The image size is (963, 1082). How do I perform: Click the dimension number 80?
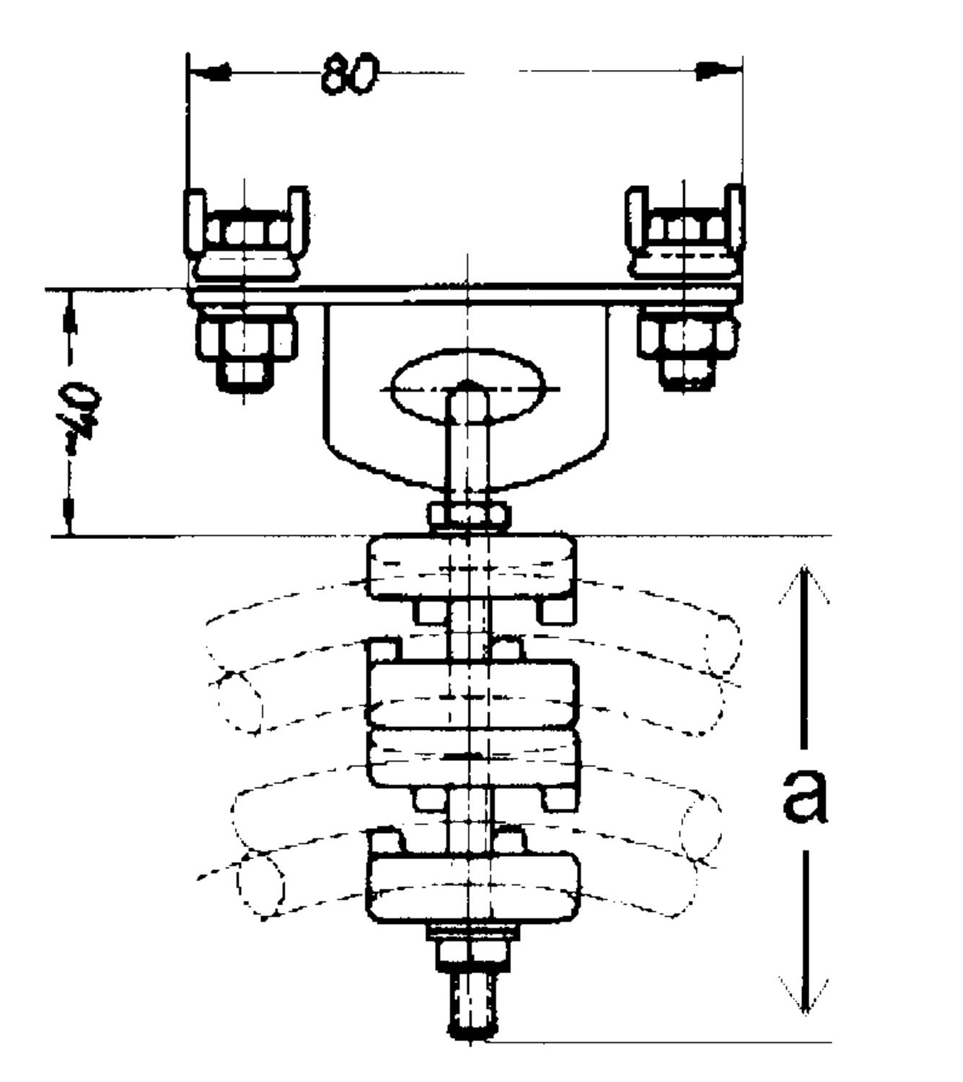pyautogui.click(x=350, y=73)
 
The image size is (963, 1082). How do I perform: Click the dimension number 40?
pyautogui.click(x=82, y=411)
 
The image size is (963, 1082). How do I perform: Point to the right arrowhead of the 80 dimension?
pyautogui.click(x=718, y=70)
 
